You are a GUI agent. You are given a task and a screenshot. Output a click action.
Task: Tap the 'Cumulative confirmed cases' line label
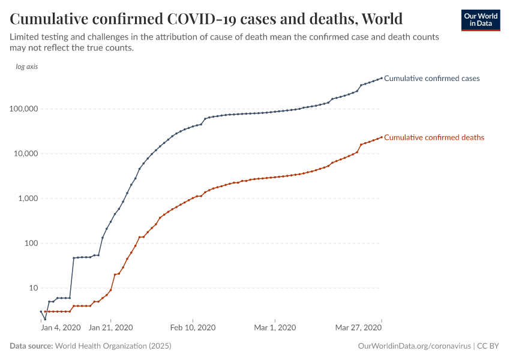coord(431,78)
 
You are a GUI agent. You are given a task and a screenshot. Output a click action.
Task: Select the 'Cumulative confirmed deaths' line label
coord(434,137)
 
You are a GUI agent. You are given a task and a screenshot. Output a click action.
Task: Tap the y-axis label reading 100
coord(29,244)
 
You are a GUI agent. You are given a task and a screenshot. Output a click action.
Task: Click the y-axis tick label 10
coord(32,288)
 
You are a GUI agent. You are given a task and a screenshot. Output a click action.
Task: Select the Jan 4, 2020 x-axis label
coord(60,328)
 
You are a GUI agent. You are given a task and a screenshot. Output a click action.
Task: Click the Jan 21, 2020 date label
coord(110,328)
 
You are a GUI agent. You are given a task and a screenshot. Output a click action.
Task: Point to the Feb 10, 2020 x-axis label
coord(193,328)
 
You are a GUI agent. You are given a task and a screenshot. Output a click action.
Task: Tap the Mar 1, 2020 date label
coord(275,328)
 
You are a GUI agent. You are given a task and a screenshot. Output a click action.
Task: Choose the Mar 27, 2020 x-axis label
coord(358,328)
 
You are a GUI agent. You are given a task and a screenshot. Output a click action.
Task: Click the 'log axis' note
coord(27,67)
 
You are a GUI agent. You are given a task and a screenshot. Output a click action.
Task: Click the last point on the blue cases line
coord(382,77)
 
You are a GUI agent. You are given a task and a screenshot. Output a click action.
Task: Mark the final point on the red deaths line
coord(382,137)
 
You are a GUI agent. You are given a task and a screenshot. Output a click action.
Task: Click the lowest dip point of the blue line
coord(45,319)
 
